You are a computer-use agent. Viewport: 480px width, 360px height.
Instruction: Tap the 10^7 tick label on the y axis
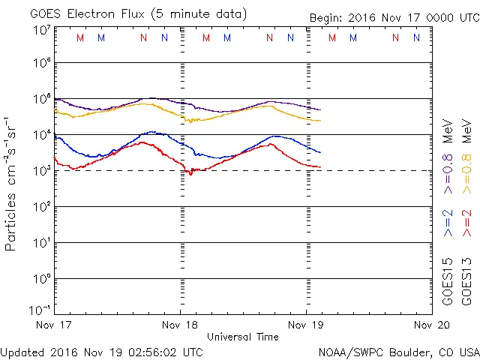41,31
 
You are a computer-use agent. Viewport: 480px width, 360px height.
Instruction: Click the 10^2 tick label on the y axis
41,206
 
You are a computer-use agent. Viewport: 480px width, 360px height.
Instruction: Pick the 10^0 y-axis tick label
41,278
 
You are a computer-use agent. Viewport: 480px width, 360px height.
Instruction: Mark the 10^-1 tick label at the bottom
41,310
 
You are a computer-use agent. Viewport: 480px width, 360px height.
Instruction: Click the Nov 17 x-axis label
54,325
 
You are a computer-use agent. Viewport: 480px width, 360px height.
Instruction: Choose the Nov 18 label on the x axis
180,325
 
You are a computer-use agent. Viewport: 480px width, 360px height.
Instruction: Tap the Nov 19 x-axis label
307,325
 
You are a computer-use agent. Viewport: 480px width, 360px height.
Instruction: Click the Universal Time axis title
243,337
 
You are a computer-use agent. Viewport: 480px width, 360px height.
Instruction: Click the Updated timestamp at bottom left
101,351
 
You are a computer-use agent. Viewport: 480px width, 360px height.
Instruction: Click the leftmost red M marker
80,37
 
